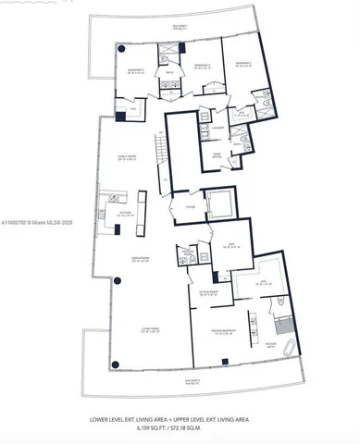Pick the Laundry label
[218, 126]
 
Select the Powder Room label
[186, 253]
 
